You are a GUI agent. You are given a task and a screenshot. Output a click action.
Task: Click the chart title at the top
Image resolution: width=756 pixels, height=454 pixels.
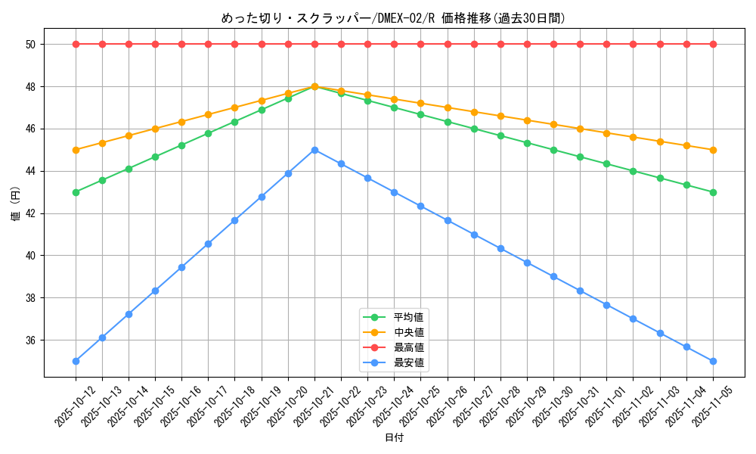[x=393, y=18]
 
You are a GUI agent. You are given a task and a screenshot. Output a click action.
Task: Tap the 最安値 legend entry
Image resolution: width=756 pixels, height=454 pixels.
[x=409, y=362]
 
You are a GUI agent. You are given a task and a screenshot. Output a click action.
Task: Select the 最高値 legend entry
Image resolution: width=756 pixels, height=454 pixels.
[x=409, y=347]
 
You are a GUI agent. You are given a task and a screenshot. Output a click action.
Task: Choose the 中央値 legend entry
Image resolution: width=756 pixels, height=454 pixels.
[x=409, y=332]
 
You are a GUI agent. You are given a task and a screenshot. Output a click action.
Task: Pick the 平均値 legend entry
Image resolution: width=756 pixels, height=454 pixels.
[x=409, y=316]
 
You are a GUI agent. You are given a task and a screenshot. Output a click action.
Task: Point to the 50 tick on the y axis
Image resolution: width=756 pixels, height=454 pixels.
[x=31, y=45]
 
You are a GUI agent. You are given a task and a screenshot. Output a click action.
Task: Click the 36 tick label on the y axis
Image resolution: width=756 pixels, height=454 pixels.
[x=31, y=340]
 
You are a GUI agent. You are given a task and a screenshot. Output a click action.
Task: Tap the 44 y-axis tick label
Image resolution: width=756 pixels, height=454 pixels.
[x=31, y=172]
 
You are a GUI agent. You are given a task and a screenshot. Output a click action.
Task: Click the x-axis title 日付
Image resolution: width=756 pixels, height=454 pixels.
[x=393, y=438]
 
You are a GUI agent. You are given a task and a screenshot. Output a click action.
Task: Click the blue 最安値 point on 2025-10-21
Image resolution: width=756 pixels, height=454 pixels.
[x=314, y=150]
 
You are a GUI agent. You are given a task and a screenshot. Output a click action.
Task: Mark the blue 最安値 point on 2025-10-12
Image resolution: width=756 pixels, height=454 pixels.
[x=76, y=361]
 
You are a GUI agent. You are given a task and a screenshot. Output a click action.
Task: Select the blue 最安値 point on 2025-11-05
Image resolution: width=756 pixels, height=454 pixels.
[x=713, y=361]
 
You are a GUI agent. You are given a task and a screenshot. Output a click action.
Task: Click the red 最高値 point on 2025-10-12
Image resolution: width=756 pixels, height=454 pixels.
[x=76, y=44]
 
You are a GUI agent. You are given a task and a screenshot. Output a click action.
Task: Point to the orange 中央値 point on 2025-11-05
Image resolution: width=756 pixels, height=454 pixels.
[x=713, y=150]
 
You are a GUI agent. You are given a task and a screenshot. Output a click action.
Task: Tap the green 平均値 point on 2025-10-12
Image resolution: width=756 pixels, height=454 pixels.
[x=76, y=192]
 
